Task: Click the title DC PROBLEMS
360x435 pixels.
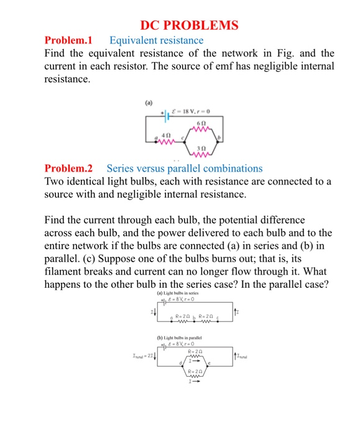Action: coord(189,25)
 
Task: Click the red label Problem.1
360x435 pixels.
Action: coord(68,40)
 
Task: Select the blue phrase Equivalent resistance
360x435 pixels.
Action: coord(156,40)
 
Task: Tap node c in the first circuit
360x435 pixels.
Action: coord(183,136)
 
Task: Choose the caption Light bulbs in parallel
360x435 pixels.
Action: coord(181,338)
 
